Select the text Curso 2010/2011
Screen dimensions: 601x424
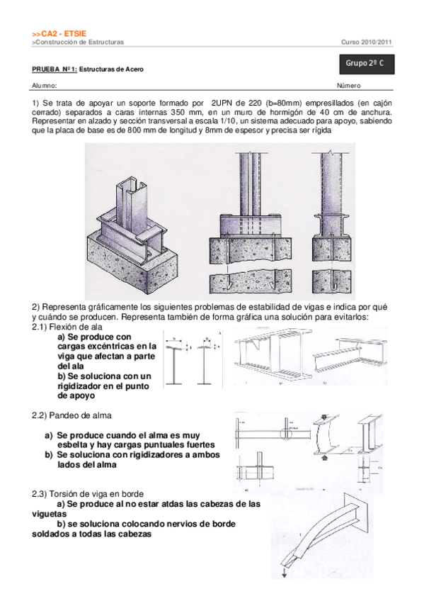click(367, 43)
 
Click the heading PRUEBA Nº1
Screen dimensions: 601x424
click(54, 70)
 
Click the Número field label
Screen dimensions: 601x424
click(348, 86)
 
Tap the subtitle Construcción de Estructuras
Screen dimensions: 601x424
click(79, 43)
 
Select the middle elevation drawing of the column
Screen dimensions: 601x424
click(252, 220)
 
